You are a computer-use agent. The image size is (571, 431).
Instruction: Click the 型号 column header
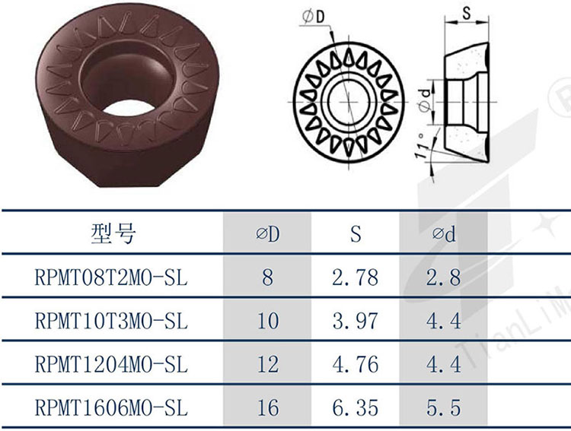[x=113, y=233]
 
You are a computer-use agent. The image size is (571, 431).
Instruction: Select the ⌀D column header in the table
[x=268, y=234]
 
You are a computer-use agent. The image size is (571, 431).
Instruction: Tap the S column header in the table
[x=356, y=234]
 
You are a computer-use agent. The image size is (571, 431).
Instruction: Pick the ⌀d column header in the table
[x=444, y=234]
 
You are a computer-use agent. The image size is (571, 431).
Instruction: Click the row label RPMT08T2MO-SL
[x=111, y=277]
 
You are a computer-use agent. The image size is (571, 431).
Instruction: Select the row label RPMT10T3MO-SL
[x=111, y=321]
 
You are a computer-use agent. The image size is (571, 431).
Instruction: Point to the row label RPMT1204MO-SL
[x=111, y=364]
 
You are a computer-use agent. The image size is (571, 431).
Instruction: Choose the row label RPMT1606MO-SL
[x=111, y=407]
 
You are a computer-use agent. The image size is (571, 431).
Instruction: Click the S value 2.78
[x=355, y=277]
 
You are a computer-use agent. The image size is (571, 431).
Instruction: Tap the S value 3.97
[x=355, y=321]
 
